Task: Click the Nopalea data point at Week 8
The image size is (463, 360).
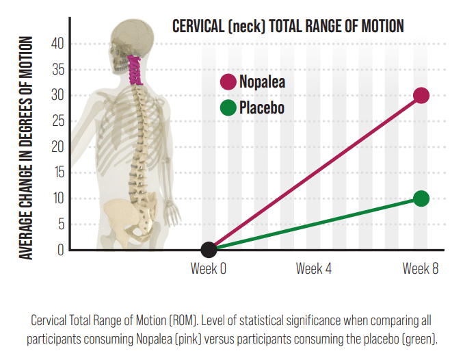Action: click(421, 95)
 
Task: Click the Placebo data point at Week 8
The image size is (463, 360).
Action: click(421, 198)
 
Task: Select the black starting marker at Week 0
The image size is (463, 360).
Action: click(209, 250)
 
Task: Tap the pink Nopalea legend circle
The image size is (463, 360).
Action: click(228, 82)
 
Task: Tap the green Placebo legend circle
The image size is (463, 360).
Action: click(228, 107)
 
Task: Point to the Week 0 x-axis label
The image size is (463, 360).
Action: click(209, 268)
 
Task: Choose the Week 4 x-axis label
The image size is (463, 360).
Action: click(314, 268)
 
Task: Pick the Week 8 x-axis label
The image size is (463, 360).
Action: click(420, 268)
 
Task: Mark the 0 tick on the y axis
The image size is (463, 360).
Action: click(60, 250)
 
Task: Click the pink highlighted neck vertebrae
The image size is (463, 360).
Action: click(135, 68)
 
